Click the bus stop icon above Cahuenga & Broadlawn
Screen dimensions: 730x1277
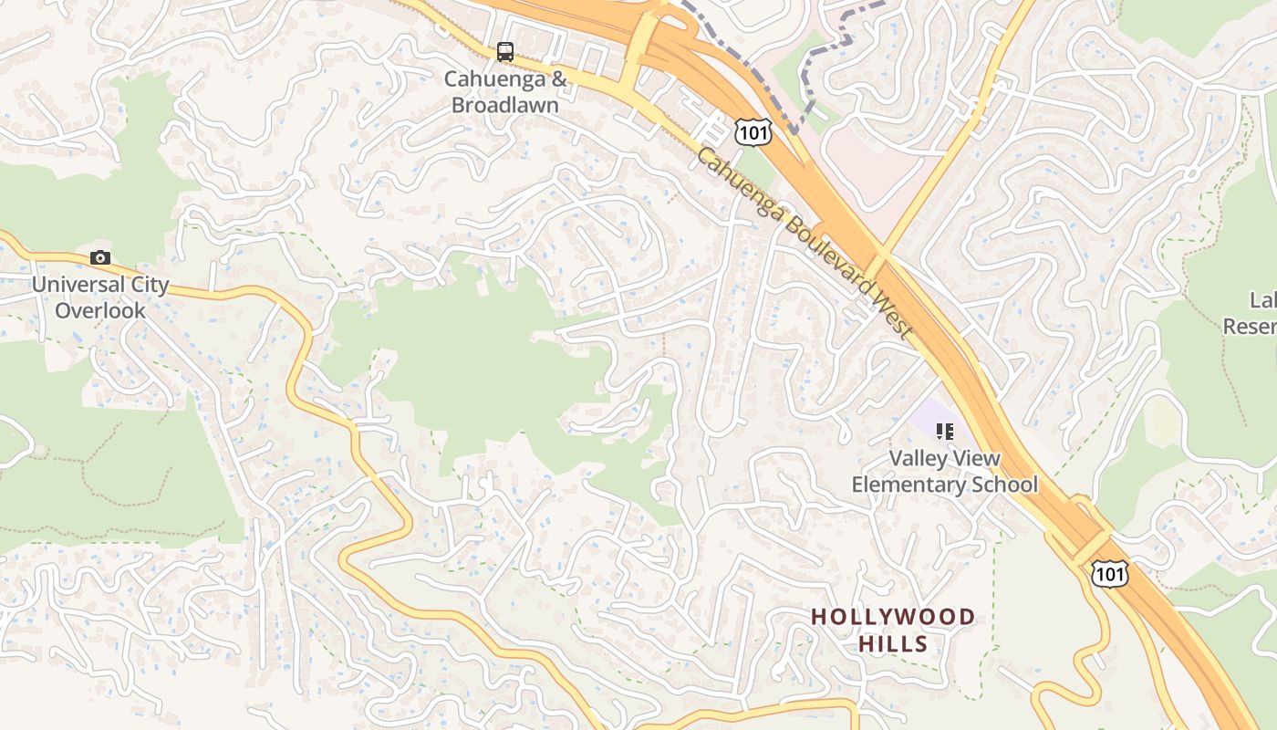click(505, 52)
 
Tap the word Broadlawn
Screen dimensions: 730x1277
click(505, 105)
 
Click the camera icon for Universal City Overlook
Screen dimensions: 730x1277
click(100, 258)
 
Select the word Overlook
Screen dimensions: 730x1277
click(100, 310)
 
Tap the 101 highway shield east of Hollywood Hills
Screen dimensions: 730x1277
click(1109, 573)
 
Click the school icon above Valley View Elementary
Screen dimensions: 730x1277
click(944, 431)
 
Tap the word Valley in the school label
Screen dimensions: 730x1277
click(919, 459)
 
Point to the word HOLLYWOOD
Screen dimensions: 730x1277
click(893, 618)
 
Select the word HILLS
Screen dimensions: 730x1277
click(893, 644)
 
